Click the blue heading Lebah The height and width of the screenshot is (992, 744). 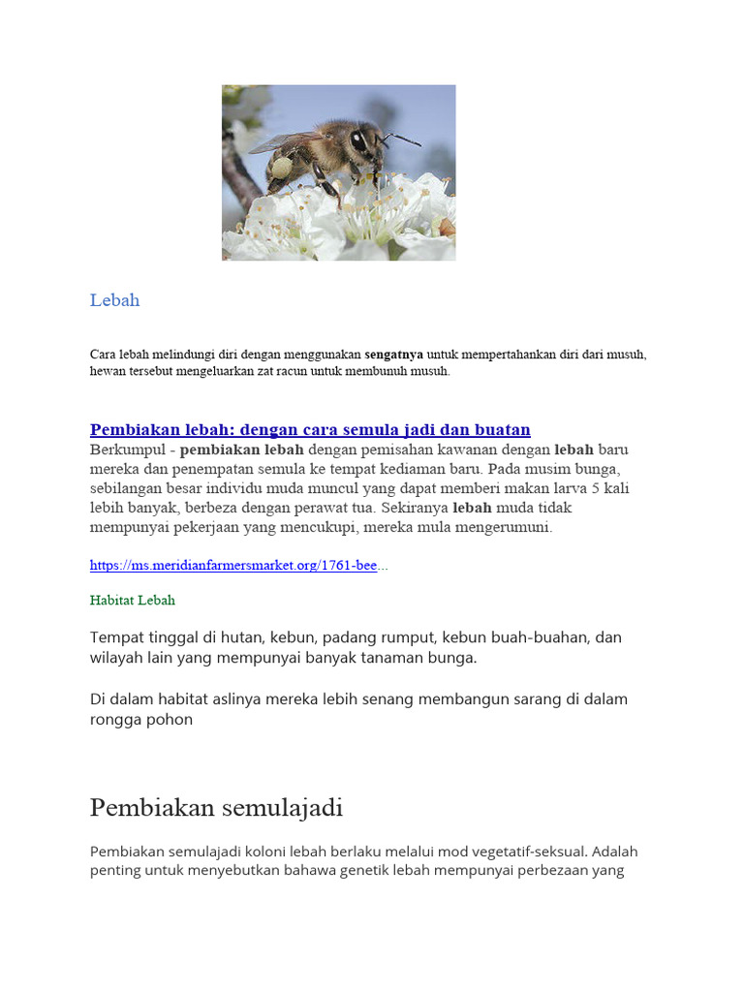(114, 300)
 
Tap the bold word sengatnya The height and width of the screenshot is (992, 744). (393, 355)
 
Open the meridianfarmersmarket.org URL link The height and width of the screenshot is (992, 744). (233, 566)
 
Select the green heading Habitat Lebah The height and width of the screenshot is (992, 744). (133, 601)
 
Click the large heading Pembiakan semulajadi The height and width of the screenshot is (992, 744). (216, 807)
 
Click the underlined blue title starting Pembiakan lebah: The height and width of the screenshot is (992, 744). (310, 430)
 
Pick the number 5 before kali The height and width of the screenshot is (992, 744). (583, 489)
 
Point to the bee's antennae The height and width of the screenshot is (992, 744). (401, 139)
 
